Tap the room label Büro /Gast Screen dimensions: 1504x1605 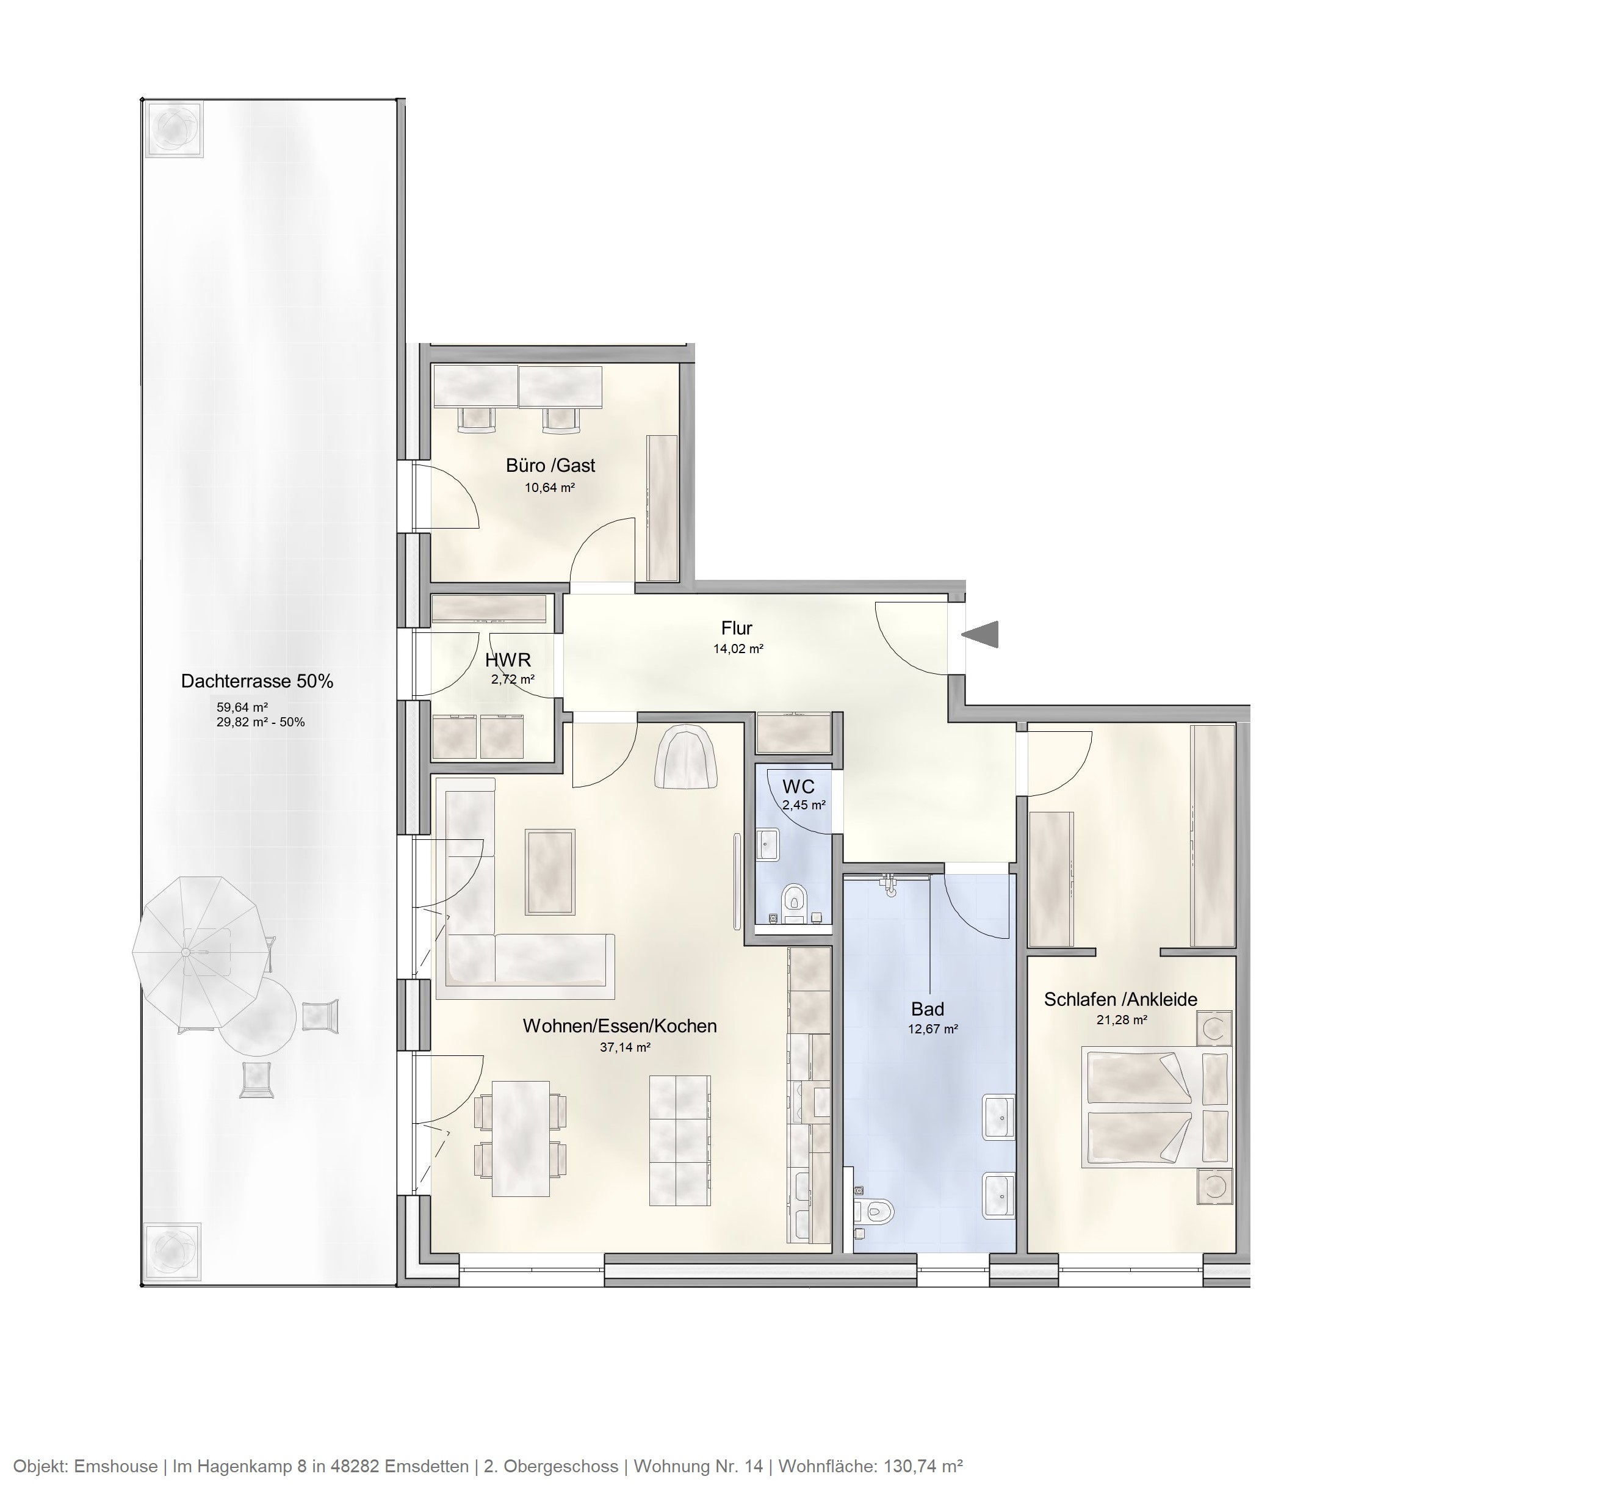pos(550,465)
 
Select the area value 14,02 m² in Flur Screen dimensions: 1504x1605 pos(738,648)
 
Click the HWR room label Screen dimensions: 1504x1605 pos(508,660)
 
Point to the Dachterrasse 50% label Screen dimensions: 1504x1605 pos(257,681)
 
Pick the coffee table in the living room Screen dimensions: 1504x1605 pos(550,871)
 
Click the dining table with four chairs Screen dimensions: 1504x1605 pos(521,1138)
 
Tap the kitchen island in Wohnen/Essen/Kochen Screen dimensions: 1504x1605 pos(680,1140)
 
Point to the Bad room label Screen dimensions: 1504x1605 pos(927,1008)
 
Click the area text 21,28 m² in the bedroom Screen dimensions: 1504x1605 pos(1122,1019)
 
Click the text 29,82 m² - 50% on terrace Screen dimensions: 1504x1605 pos(260,721)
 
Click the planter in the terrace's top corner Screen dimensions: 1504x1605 pos(173,128)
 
